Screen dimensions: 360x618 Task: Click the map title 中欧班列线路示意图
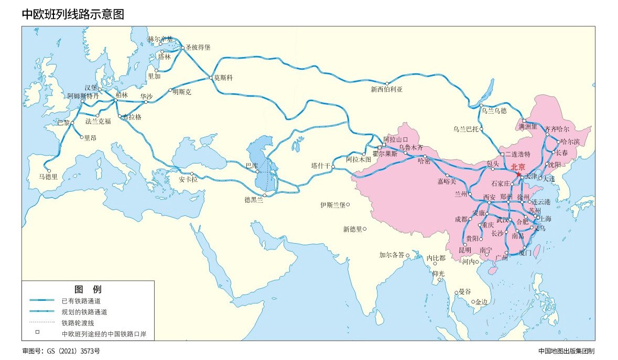(x=73, y=14)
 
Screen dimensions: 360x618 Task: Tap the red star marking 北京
(x=518, y=174)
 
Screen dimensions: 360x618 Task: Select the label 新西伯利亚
(x=386, y=89)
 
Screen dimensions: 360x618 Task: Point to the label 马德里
(x=48, y=177)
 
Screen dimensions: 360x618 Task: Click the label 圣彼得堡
(x=198, y=47)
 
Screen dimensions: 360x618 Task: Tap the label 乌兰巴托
(x=467, y=128)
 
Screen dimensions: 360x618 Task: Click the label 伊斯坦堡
(x=332, y=205)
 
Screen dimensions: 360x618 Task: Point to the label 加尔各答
(x=392, y=255)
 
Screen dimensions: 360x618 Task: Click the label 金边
(x=481, y=302)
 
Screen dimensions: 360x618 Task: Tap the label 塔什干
(x=321, y=166)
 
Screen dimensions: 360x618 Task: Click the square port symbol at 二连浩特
(x=502, y=155)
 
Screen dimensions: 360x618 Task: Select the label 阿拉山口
(x=395, y=139)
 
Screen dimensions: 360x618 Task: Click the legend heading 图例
(x=88, y=289)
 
